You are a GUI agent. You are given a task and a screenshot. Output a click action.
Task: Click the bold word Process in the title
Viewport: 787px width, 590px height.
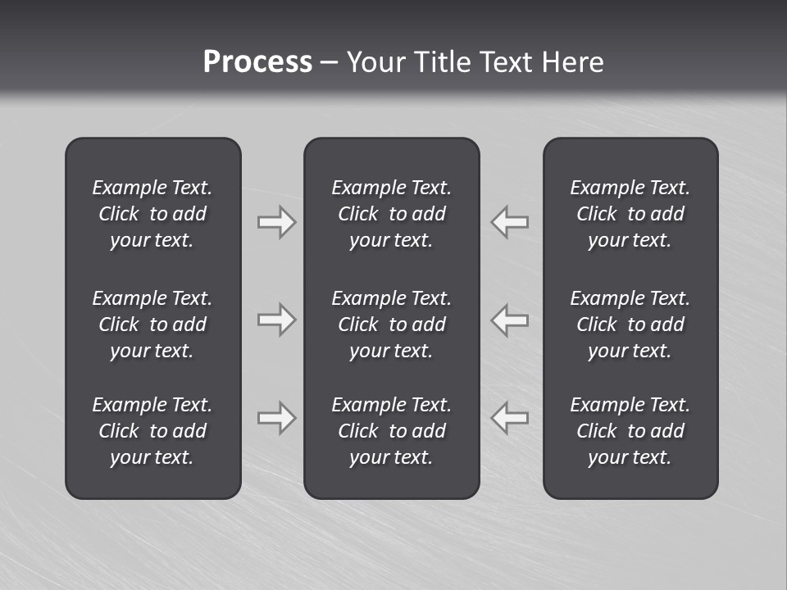(x=257, y=62)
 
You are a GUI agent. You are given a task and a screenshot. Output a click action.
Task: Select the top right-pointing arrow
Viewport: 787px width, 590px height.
(x=276, y=222)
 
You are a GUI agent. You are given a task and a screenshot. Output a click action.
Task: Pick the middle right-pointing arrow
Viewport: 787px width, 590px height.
(x=276, y=320)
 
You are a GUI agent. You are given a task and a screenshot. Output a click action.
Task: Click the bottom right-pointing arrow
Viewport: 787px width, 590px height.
(x=276, y=418)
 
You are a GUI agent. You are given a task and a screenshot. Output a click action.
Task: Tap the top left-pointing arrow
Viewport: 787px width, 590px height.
(x=510, y=222)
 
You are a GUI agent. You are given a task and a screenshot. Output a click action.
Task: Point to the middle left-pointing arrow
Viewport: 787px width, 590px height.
(x=510, y=320)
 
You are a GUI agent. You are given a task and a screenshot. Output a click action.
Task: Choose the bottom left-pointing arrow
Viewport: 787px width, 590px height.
(x=510, y=418)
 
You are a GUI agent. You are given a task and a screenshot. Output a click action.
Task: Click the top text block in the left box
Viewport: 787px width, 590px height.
(x=152, y=214)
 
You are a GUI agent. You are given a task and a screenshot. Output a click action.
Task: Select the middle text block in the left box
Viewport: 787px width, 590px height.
(x=152, y=324)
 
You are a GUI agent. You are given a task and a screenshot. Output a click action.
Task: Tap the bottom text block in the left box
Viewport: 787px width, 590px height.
(x=152, y=431)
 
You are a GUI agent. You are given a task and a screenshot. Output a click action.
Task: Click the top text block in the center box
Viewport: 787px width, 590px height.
(x=391, y=214)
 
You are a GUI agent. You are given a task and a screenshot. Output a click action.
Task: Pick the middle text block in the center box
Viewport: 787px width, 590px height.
(x=391, y=324)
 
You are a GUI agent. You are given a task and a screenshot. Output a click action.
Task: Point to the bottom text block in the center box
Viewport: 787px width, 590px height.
(x=391, y=431)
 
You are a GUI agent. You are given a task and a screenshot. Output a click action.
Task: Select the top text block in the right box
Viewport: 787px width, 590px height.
(x=630, y=214)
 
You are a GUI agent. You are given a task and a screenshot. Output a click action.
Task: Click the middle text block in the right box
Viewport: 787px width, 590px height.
(x=630, y=324)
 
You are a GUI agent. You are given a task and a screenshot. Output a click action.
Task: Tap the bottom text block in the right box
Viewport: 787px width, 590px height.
(x=630, y=431)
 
